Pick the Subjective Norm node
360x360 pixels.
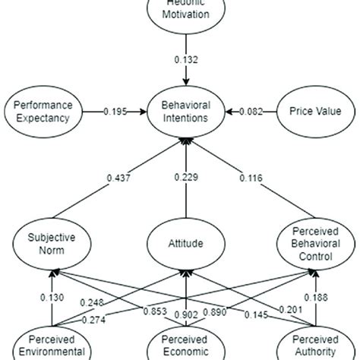point(47,244)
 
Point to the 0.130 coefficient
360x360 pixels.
point(46,297)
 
